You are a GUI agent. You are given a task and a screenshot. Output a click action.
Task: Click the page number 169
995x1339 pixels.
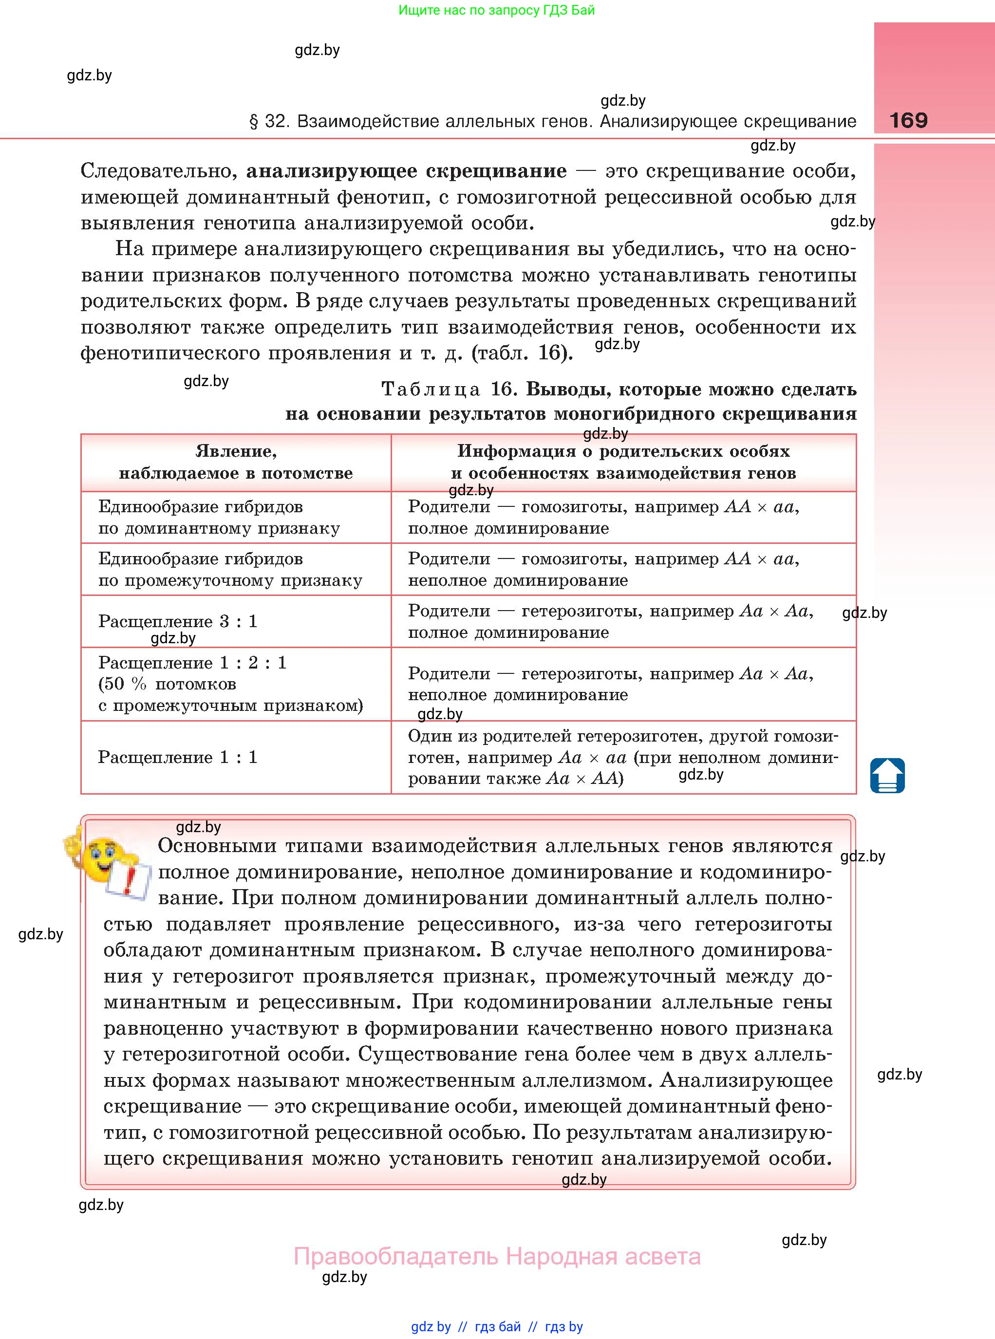pyautogui.click(x=908, y=120)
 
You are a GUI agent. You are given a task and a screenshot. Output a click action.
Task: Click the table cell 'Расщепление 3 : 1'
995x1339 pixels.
pyautogui.click(x=178, y=621)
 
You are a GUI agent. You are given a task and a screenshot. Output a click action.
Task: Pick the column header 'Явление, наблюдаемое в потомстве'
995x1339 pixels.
pyautogui.click(x=236, y=462)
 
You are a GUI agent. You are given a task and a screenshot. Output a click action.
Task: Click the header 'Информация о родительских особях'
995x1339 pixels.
pyautogui.click(x=623, y=451)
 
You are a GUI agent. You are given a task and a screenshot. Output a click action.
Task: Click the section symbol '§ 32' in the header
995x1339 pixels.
pyautogui.click(x=269, y=122)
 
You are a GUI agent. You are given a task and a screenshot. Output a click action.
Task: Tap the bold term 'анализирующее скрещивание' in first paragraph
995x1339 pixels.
pyautogui.click(x=406, y=171)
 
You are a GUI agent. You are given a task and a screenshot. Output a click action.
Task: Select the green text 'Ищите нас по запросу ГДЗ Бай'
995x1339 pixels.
pyautogui.click(x=496, y=10)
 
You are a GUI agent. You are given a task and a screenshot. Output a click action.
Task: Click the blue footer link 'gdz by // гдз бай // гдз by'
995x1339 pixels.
pyautogui.click(x=497, y=1326)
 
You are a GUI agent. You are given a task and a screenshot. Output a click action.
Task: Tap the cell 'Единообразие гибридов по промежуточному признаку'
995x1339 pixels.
pyautogui.click(x=230, y=569)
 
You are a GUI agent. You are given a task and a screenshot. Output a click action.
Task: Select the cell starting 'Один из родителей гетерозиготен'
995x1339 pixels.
pyautogui.click(x=623, y=757)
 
